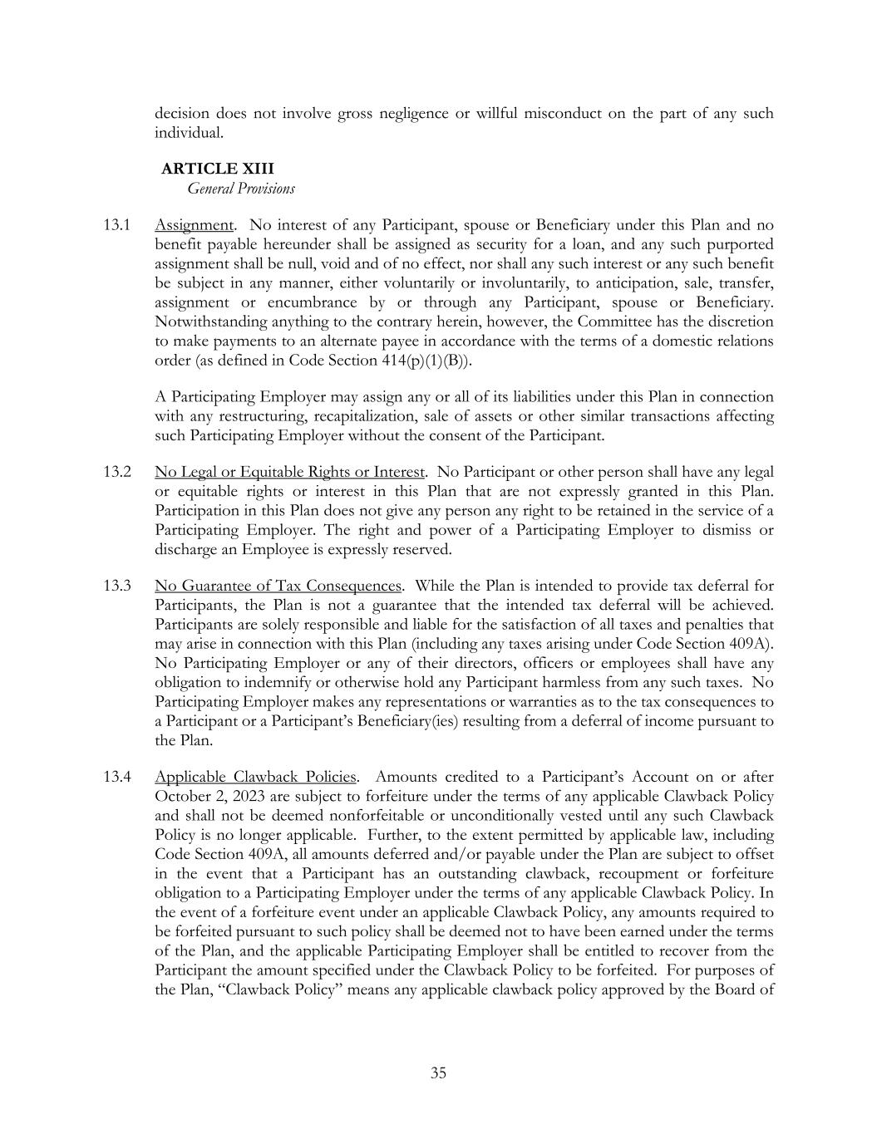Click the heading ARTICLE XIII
tap(217, 169)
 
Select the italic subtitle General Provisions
tap(240, 189)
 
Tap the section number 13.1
tap(116, 225)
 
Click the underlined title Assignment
tap(194, 225)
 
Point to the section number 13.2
tap(116, 473)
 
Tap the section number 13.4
tap(116, 778)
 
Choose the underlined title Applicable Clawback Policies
tap(256, 778)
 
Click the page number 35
tap(438, 1073)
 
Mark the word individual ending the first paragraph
tap(188, 133)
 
